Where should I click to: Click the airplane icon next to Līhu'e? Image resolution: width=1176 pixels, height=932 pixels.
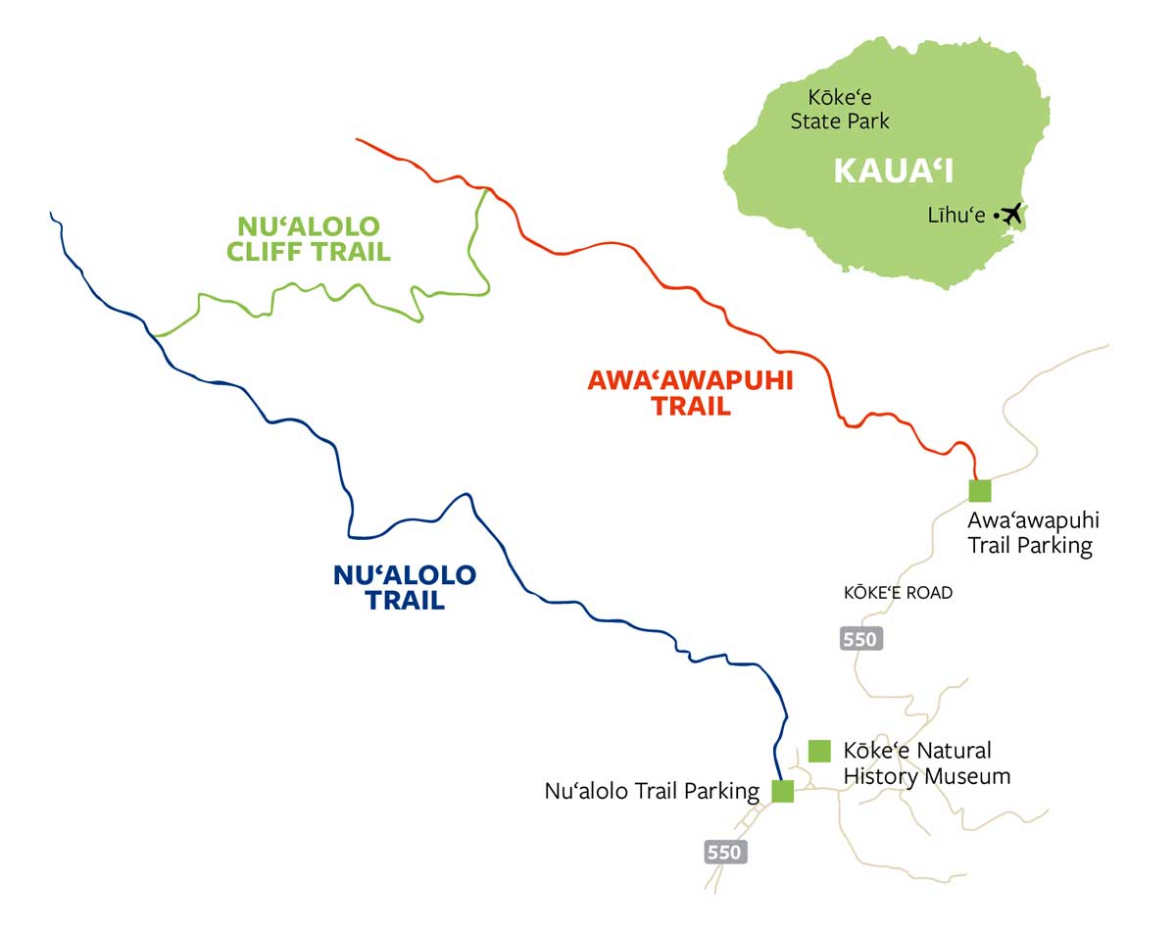coord(1011,213)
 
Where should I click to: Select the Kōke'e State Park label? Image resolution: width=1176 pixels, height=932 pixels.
coord(840,110)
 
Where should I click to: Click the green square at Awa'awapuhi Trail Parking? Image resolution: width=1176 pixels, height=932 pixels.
coord(979,490)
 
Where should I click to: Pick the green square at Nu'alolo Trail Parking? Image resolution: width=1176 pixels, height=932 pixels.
coord(782,791)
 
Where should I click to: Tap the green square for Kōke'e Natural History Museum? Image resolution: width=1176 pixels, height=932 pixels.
coord(819,751)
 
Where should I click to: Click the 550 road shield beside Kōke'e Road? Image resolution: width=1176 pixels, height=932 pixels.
coord(861,639)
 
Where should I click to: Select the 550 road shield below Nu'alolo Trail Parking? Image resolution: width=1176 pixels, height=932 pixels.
coord(725,852)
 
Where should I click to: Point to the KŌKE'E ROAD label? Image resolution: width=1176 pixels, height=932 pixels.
coord(898,593)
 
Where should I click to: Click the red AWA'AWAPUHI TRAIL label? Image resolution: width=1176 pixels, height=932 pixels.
coord(690,393)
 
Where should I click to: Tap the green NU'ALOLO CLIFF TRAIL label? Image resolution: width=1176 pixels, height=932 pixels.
coord(308,239)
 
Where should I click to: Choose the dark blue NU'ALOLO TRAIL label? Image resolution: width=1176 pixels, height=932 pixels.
coord(405,587)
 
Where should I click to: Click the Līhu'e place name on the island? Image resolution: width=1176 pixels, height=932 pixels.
coord(956,216)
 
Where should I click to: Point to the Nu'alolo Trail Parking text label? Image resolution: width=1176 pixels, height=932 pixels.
coord(652,791)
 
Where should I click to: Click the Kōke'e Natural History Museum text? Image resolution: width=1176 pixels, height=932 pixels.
coord(926,763)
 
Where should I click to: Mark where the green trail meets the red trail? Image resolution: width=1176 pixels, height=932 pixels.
coord(485,189)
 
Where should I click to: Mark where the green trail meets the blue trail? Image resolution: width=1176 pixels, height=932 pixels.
coord(154,335)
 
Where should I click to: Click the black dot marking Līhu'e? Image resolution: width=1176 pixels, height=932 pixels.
coord(996,215)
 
